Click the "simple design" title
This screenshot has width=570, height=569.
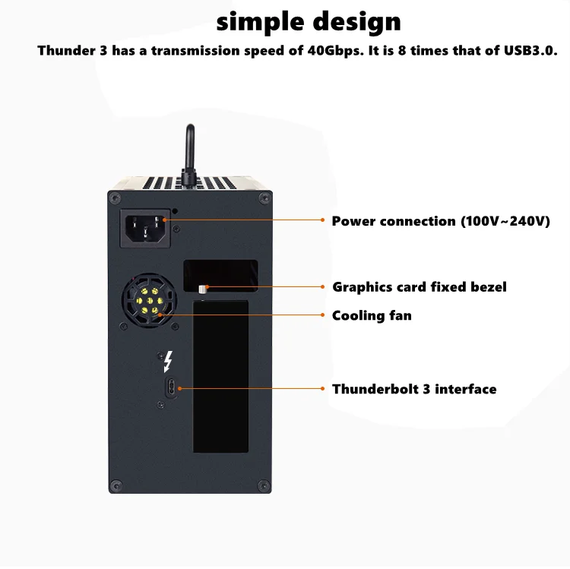pyautogui.click(x=309, y=21)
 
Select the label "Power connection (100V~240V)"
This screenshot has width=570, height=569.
pyautogui.click(x=441, y=221)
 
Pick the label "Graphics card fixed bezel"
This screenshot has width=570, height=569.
pyautogui.click(x=419, y=286)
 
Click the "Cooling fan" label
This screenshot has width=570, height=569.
pyautogui.click(x=372, y=315)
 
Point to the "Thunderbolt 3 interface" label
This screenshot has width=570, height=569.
pyautogui.click(x=414, y=389)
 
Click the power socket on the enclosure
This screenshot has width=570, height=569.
pyautogui.click(x=145, y=226)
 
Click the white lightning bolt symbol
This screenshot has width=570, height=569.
pyautogui.click(x=168, y=360)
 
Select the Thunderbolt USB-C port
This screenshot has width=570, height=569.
pyautogui.click(x=171, y=387)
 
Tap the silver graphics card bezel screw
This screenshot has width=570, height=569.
pyautogui.click(x=202, y=289)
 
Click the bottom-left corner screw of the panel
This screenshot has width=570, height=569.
pyautogui.click(x=115, y=484)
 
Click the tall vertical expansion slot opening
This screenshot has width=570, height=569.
pyautogui.click(x=221, y=376)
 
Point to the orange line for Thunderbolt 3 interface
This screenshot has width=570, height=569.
pyautogui.click(x=251, y=388)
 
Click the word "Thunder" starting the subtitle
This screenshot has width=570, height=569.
pyautogui.click(x=64, y=51)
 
